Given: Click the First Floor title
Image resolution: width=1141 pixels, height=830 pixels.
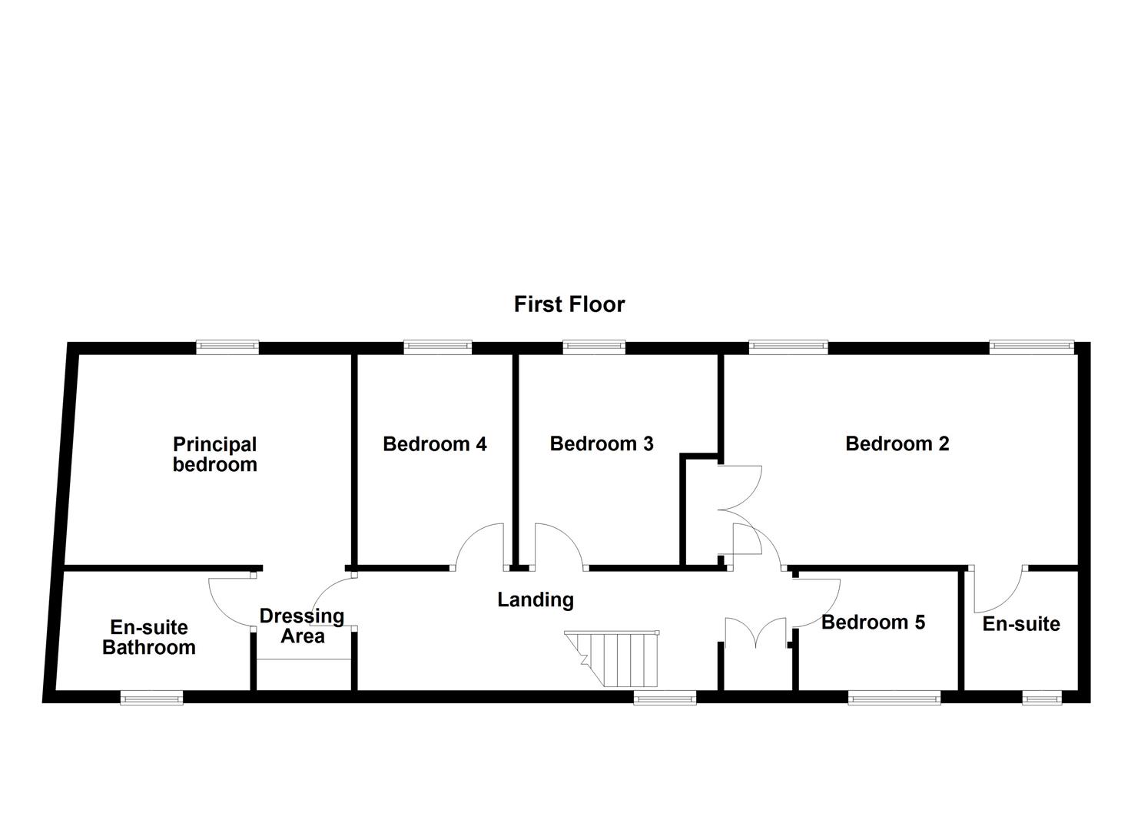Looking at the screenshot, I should (x=569, y=304).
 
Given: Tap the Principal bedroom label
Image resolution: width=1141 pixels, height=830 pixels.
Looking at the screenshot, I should (x=214, y=454).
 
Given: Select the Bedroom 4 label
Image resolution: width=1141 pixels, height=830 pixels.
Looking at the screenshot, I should (x=434, y=444).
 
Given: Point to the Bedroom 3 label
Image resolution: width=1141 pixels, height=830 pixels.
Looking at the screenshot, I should (x=602, y=444).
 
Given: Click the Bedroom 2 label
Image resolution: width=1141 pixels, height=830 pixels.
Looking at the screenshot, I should (x=897, y=444).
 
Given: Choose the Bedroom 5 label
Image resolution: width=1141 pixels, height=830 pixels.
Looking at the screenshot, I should (x=873, y=622).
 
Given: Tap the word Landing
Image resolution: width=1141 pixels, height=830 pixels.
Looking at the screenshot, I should (x=536, y=599).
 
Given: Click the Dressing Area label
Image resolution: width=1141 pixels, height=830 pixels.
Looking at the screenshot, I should (x=302, y=626).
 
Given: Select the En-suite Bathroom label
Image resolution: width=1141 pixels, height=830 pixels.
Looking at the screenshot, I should (x=149, y=637).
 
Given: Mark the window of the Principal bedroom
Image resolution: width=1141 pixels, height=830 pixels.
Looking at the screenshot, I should (x=227, y=347).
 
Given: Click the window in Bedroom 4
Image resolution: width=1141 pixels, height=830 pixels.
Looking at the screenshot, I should (x=437, y=347).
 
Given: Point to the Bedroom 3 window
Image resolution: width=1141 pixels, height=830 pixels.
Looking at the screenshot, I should (x=594, y=347).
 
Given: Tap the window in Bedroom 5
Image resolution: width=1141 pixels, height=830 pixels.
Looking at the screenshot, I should (x=894, y=698).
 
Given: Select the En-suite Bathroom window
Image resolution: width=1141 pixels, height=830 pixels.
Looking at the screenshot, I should (x=151, y=698).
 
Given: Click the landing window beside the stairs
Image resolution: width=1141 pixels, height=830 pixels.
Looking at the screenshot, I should (x=665, y=698).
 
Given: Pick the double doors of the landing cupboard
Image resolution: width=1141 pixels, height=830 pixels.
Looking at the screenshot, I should (x=757, y=632).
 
